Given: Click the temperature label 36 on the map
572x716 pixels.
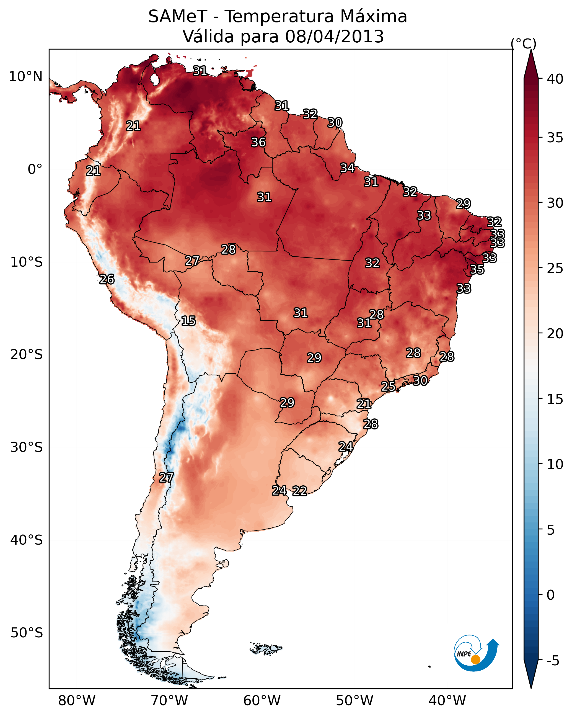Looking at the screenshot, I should click(x=258, y=142).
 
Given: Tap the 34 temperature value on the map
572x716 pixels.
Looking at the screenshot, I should click(x=347, y=168).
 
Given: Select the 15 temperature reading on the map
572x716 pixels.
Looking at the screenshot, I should click(x=188, y=321).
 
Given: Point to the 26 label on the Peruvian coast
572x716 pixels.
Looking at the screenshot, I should click(x=107, y=279).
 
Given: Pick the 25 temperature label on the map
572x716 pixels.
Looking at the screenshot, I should click(x=388, y=386).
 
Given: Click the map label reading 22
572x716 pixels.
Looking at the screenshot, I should click(x=299, y=491).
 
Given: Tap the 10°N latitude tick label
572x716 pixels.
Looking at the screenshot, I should click(x=25, y=77).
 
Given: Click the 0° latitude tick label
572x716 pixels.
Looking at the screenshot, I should click(x=35, y=169).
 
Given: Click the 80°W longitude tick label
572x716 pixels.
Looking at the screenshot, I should click(x=77, y=700).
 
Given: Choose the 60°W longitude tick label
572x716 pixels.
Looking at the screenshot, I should click(x=262, y=700).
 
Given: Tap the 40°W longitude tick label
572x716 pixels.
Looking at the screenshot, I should click(x=447, y=700).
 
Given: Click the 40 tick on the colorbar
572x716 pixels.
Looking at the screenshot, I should click(x=555, y=79).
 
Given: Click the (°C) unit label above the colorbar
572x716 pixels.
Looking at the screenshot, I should click(x=523, y=43).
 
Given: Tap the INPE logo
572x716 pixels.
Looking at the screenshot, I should click(x=476, y=653).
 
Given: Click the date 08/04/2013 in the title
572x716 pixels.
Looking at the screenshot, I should click(x=334, y=37).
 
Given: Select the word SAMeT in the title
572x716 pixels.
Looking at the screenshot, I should click(x=178, y=17).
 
